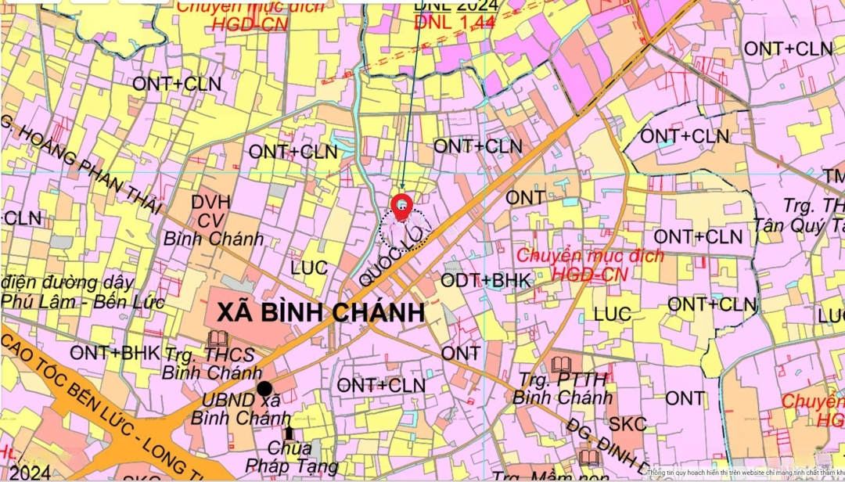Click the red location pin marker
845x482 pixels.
(x=401, y=206)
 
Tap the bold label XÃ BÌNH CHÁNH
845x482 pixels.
(x=320, y=313)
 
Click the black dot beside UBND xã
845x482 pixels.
(x=265, y=388)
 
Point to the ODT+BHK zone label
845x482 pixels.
(x=487, y=280)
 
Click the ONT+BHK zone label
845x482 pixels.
(x=115, y=353)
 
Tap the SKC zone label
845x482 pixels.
(x=627, y=425)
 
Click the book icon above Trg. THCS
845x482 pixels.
(x=218, y=339)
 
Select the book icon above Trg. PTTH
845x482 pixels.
(x=560, y=365)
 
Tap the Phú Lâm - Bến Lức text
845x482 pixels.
(x=82, y=301)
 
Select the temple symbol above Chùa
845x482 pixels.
(x=289, y=432)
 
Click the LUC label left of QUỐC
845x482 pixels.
(x=309, y=268)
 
